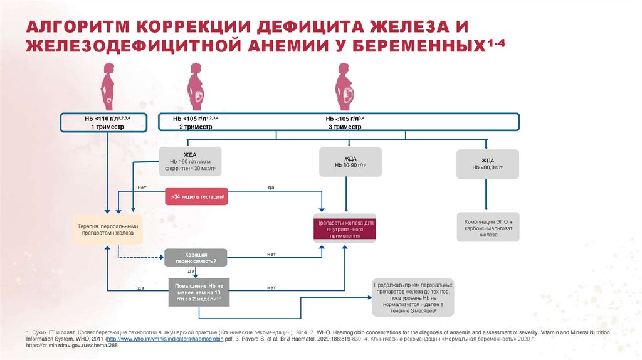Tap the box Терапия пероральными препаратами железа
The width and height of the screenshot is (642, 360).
pos(107,230)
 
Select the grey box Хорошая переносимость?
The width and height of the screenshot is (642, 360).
pos(196,257)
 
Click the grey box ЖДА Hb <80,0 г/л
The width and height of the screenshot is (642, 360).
pos(488,164)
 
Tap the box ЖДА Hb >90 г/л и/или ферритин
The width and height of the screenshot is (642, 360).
pos(191,162)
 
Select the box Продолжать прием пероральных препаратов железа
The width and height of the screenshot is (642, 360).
pos(412,297)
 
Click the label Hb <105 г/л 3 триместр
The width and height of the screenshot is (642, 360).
pos(344,122)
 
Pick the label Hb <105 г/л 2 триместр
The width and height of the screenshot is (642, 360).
pos(196,122)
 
